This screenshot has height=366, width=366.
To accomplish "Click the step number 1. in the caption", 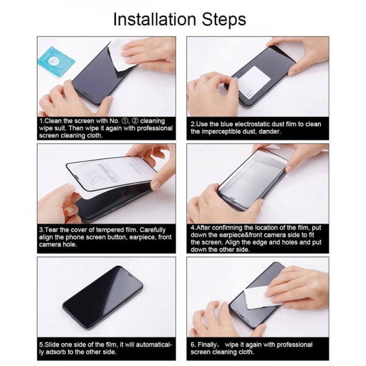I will (x=42, y=122).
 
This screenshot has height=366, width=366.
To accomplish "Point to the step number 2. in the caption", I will (x=193, y=124).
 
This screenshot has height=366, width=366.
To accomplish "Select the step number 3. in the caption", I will (x=42, y=229).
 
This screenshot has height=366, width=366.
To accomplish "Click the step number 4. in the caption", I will (x=193, y=226).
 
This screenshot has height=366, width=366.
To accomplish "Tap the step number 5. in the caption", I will (x=42, y=344).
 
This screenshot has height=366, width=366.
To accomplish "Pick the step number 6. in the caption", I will (x=193, y=344).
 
